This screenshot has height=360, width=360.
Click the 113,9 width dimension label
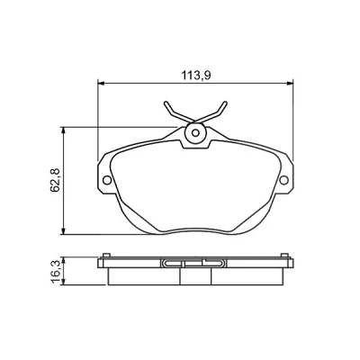pyautogui.click(x=195, y=75)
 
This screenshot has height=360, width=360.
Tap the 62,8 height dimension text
pyautogui.click(x=56, y=180)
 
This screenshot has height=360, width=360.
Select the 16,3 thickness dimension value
pyautogui.click(x=56, y=271)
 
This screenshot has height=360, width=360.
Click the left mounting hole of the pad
pyautogui.click(x=107, y=180)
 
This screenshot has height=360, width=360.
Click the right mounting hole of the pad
pyautogui.click(x=283, y=180)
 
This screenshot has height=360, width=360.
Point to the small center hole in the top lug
pyautogui.click(x=195, y=132)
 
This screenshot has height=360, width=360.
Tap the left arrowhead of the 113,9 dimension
pyautogui.click(x=101, y=83)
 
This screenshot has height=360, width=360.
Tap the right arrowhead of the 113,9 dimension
pyautogui.click(x=290, y=83)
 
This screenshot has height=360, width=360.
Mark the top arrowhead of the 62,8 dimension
pyautogui.click(x=63, y=130)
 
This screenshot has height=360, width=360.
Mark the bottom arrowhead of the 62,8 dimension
pyautogui.click(x=63, y=231)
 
